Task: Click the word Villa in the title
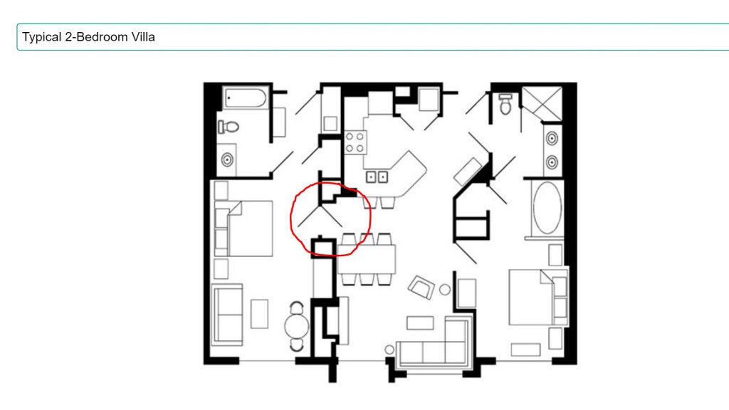[142, 37]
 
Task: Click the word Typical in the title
[42, 37]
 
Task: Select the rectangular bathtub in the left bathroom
[246, 98]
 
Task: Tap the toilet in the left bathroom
[229, 127]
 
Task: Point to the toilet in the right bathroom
[505, 104]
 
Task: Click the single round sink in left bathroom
[227, 160]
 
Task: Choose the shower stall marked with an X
[542, 103]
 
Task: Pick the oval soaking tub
[547, 208]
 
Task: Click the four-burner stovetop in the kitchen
[355, 142]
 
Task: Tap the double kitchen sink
[377, 177]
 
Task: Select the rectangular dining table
[367, 259]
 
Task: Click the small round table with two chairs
[297, 326]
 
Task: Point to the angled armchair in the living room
[421, 287]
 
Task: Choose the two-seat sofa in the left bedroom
[227, 315]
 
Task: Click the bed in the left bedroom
[243, 228]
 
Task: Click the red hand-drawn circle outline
[291, 219]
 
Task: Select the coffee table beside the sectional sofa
[420, 323]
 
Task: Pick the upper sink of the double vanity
[552, 138]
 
